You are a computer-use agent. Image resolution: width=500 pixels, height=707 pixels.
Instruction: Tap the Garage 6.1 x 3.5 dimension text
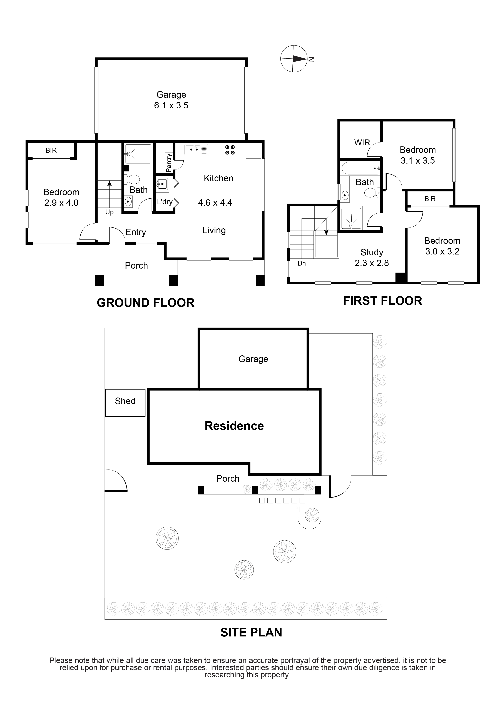pos(171,105)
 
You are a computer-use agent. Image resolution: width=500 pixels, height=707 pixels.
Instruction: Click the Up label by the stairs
pos(109,212)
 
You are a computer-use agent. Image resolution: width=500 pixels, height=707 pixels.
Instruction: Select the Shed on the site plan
pos(125,403)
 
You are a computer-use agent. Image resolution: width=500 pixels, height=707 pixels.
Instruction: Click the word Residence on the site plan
pos(234,426)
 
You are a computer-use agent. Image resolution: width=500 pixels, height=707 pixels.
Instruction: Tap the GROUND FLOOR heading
pos(146,303)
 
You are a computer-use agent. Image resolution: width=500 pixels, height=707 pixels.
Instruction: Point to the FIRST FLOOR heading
pos(383,301)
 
